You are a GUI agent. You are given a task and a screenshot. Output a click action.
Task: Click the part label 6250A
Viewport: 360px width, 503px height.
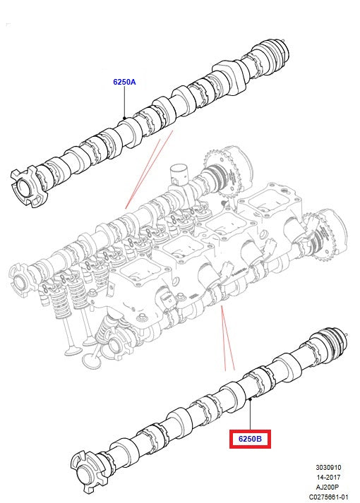click(x=124, y=83)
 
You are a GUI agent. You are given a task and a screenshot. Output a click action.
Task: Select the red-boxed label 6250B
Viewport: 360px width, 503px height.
click(x=250, y=439)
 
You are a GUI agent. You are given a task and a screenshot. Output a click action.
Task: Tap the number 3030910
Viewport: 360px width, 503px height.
click(x=328, y=467)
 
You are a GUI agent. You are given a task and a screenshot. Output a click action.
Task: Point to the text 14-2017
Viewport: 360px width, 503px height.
click(x=330, y=476)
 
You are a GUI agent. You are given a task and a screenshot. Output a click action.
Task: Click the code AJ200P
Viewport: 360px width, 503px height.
click(x=330, y=486)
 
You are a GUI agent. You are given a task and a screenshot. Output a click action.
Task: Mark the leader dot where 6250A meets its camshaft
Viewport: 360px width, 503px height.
click(x=124, y=117)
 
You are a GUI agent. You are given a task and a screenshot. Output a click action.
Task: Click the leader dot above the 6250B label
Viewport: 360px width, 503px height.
click(x=251, y=399)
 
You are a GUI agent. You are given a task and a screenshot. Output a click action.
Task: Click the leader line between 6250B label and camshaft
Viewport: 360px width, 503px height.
click(x=251, y=416)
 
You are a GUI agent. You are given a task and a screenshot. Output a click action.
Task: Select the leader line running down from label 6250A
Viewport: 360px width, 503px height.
click(x=124, y=102)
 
